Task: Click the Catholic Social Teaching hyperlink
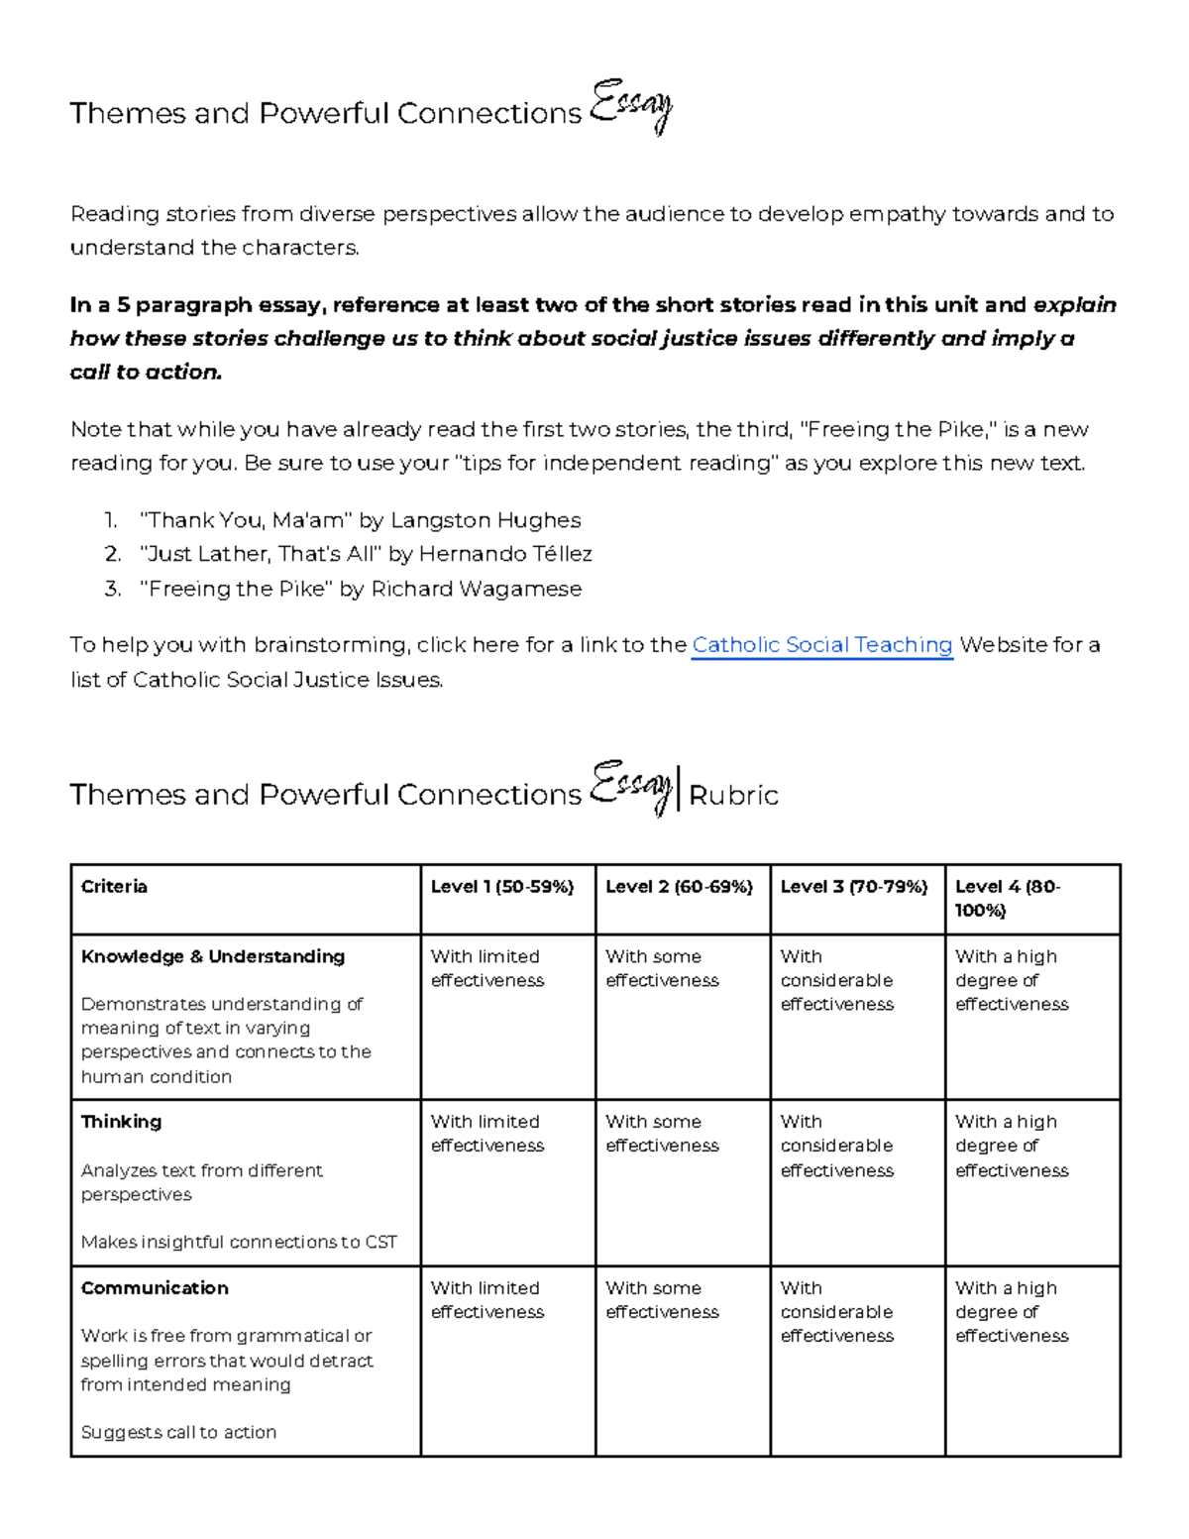click(x=821, y=645)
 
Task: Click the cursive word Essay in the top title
click(x=631, y=107)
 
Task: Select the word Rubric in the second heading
click(x=733, y=796)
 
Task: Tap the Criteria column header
click(x=114, y=887)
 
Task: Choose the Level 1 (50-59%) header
click(x=502, y=887)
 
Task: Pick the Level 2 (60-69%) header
click(x=679, y=887)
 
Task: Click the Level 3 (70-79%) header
click(x=854, y=887)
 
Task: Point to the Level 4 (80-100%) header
click(x=1007, y=898)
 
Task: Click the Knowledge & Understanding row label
click(x=213, y=956)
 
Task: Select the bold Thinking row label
click(x=121, y=1122)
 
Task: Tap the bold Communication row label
click(x=155, y=1288)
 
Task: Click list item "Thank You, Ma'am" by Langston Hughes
click(x=361, y=520)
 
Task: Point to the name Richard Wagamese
click(x=476, y=589)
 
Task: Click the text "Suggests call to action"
click(x=178, y=1432)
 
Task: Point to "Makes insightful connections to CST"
click(x=239, y=1242)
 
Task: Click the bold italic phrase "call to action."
click(x=146, y=373)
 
